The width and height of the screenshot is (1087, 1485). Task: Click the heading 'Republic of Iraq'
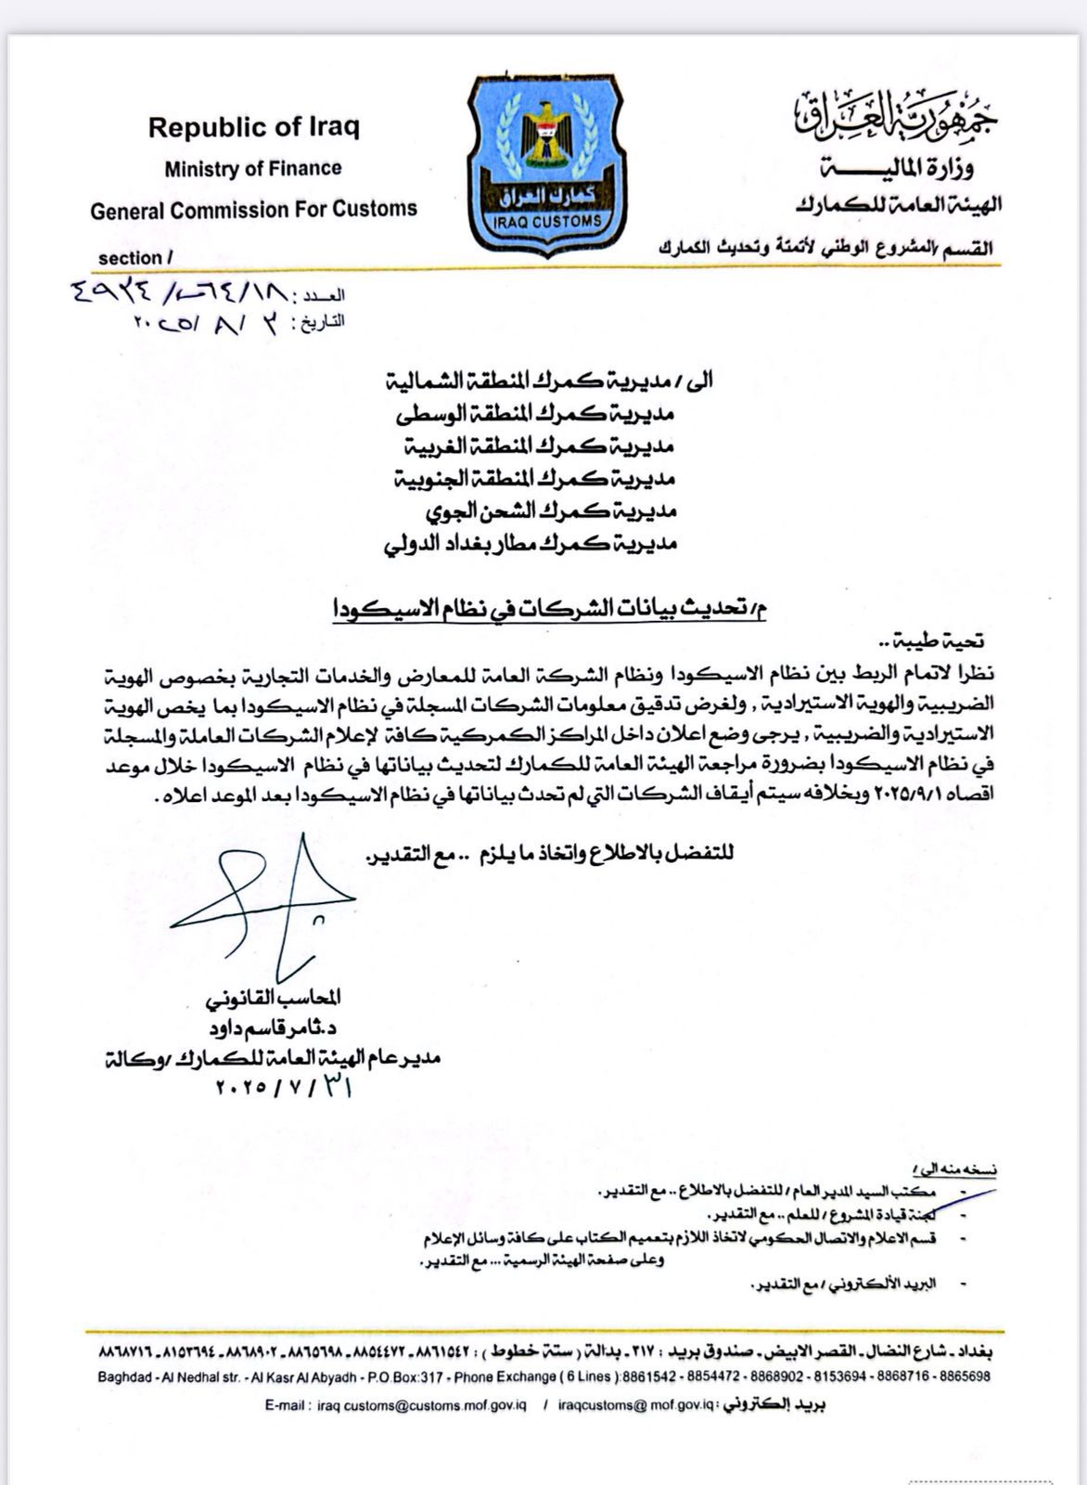point(253,127)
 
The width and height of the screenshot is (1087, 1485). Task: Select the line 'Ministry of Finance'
point(253,169)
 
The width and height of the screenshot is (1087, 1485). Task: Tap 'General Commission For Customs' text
point(253,210)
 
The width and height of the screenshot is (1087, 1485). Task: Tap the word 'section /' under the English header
point(135,258)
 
